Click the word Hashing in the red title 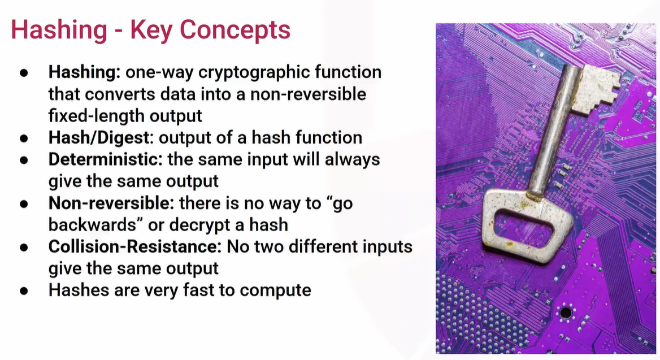[59, 31]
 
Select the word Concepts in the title [235, 31]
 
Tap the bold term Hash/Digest [99, 138]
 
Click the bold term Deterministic [103, 159]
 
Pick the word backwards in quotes [92, 225]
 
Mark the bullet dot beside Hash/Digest [24, 138]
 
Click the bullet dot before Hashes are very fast [24, 290]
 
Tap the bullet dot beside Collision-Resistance [24, 247]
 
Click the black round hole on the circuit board [565, 313]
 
